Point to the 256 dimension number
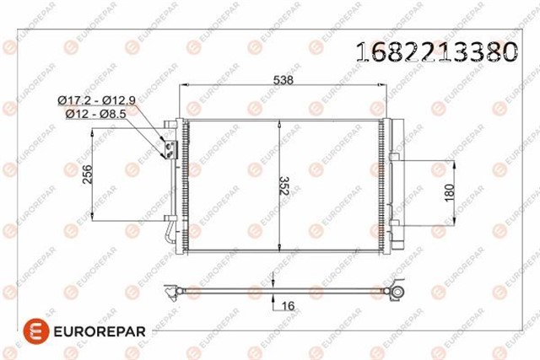tap(87, 175)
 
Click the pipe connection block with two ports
tap(169, 148)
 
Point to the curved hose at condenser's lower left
tap(172, 232)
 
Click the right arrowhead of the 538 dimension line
tap(383, 86)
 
